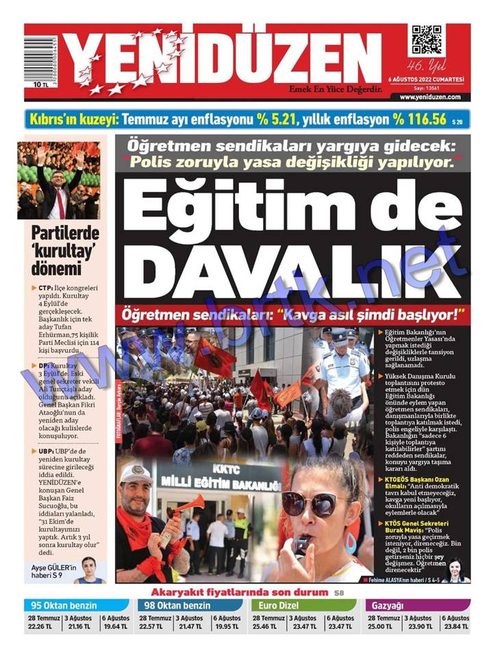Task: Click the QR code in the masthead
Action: (426, 41)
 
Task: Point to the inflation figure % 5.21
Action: (276, 119)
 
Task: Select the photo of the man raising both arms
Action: (59, 180)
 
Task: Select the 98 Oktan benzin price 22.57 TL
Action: (153, 626)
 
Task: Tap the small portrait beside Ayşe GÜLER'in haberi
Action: (88, 569)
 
